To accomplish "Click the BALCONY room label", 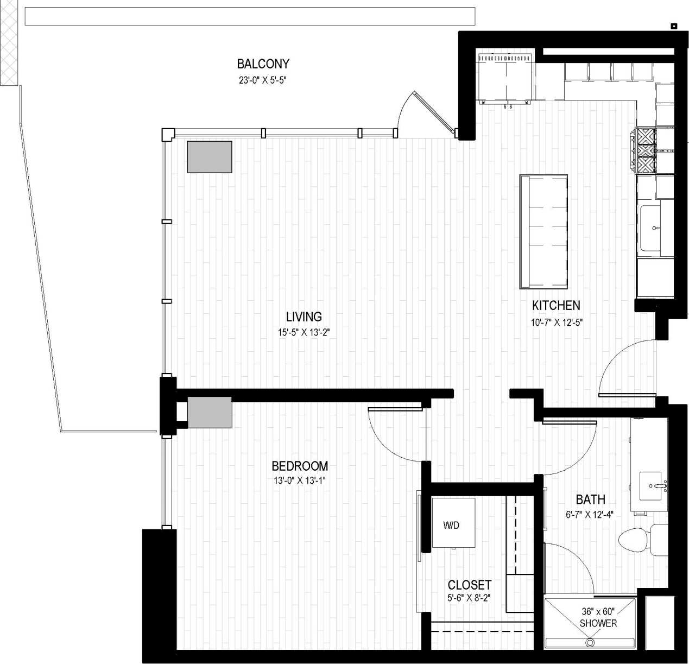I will [263, 64].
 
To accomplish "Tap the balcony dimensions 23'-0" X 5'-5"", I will [263, 80].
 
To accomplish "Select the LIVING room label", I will [304, 317].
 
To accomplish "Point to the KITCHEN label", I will [556, 306].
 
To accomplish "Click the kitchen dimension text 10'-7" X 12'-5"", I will [557, 322].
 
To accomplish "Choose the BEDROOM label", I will [300, 466].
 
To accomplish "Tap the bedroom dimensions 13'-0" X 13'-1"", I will [299, 480].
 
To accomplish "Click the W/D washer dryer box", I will [453, 523].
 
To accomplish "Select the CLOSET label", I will [469, 585].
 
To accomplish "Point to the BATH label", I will [590, 499].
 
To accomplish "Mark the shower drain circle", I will [590, 642].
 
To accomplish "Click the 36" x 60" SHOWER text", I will [597, 617].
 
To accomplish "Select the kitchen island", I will [543, 232].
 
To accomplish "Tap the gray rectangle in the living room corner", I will [210, 157].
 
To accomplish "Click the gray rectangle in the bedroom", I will [210, 413].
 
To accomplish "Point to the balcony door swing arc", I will [404, 109].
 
